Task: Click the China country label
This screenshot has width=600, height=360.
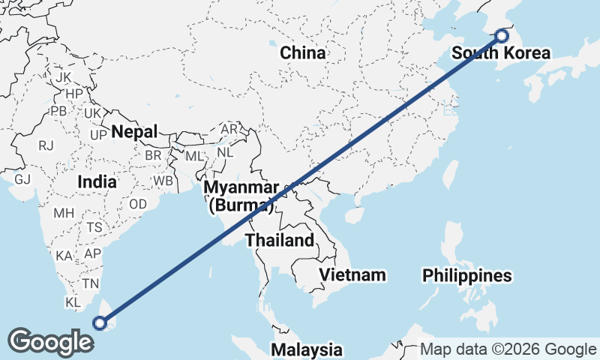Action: pyautogui.click(x=302, y=53)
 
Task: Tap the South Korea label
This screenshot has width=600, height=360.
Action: pyautogui.click(x=500, y=53)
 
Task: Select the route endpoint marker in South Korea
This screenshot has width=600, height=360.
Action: pyautogui.click(x=502, y=34)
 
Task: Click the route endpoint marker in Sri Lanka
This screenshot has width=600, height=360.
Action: pyautogui.click(x=99, y=322)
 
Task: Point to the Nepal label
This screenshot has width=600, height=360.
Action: pyautogui.click(x=134, y=132)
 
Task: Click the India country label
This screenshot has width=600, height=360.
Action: pyautogui.click(x=97, y=181)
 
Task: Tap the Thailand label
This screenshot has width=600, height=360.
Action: pyautogui.click(x=279, y=241)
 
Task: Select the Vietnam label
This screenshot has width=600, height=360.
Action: pyautogui.click(x=352, y=274)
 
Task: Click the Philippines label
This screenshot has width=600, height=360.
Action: pyautogui.click(x=466, y=276)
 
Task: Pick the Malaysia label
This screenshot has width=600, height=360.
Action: pyautogui.click(x=307, y=349)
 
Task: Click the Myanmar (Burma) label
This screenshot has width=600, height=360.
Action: pyautogui.click(x=241, y=196)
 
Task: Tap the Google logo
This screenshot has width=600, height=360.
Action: pyautogui.click(x=50, y=342)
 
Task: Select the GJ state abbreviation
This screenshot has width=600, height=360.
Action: pyautogui.click(x=22, y=179)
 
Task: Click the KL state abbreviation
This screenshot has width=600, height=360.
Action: pyautogui.click(x=73, y=302)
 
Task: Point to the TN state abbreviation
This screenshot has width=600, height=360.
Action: pyautogui.click(x=91, y=283)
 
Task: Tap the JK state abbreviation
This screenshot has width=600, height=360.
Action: pyautogui.click(x=63, y=77)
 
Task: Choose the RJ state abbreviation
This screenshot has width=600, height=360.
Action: pyautogui.click(x=46, y=145)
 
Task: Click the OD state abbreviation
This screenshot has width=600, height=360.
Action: pyautogui.click(x=138, y=204)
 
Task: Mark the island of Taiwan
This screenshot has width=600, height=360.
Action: pyautogui.click(x=450, y=173)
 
